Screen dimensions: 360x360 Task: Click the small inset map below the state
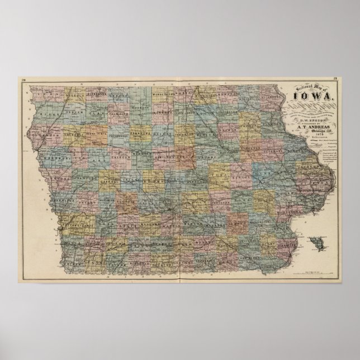point(321,244)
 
